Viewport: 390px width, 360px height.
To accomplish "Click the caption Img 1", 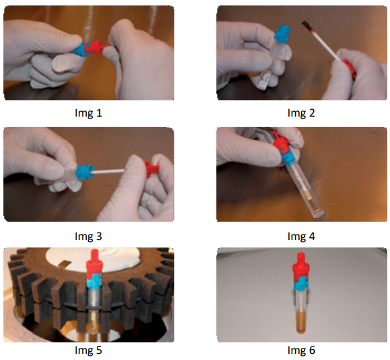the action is (x=88, y=113).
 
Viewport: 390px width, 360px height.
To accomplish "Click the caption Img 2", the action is (x=301, y=113).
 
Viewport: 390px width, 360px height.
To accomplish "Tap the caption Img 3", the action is (x=88, y=236).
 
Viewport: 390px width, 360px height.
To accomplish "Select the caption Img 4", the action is (x=301, y=236).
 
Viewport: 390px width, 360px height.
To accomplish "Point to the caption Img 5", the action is (x=88, y=350).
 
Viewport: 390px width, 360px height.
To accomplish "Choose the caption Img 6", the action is (x=301, y=350).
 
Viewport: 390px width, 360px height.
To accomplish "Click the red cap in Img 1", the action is (x=96, y=48).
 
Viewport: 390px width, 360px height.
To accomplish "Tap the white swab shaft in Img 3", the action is (x=109, y=172).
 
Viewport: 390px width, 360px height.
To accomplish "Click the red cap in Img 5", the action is (x=94, y=265).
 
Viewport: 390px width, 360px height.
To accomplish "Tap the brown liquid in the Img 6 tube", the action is (x=301, y=323).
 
